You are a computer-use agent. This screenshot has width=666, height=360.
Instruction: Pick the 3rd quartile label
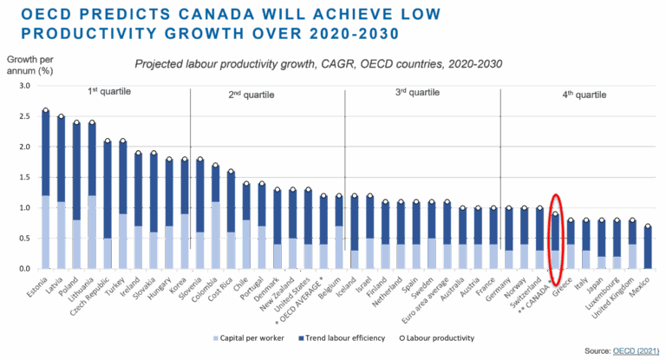tap(414, 90)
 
